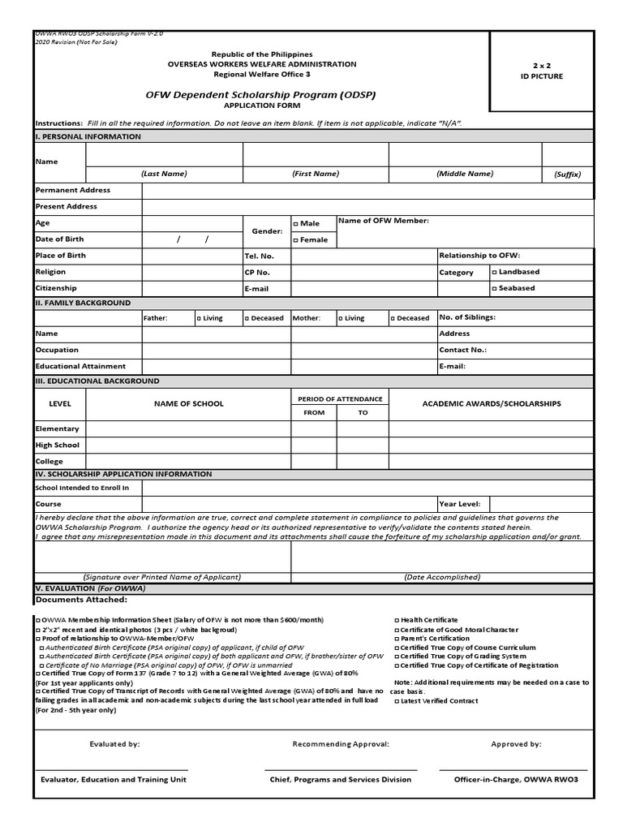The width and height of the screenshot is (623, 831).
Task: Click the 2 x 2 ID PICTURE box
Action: (552, 71)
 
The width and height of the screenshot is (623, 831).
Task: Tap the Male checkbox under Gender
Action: (296, 223)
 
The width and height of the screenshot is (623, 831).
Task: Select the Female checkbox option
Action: (296, 240)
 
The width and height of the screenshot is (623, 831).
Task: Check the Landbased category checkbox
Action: (495, 272)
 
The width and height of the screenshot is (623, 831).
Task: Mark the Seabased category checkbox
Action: (495, 288)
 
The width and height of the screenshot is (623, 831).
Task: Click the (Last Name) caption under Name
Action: (164, 174)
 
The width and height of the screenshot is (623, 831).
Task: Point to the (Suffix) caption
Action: (567, 174)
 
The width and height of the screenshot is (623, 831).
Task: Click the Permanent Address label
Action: (73, 190)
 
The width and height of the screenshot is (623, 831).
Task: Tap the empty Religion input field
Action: (192, 272)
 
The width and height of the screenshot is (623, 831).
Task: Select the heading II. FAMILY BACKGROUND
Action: (83, 303)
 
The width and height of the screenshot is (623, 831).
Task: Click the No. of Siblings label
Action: (467, 317)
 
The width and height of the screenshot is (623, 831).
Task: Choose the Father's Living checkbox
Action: (200, 318)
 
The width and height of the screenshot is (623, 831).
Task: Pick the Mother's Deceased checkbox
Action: (393, 318)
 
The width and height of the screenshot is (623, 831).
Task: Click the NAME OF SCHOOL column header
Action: (189, 403)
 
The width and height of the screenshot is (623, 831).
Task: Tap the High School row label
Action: (57, 445)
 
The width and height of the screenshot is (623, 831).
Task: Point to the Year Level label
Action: (459, 503)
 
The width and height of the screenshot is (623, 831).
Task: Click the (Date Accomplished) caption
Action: (442, 577)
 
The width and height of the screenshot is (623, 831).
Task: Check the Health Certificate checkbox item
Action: (397, 620)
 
